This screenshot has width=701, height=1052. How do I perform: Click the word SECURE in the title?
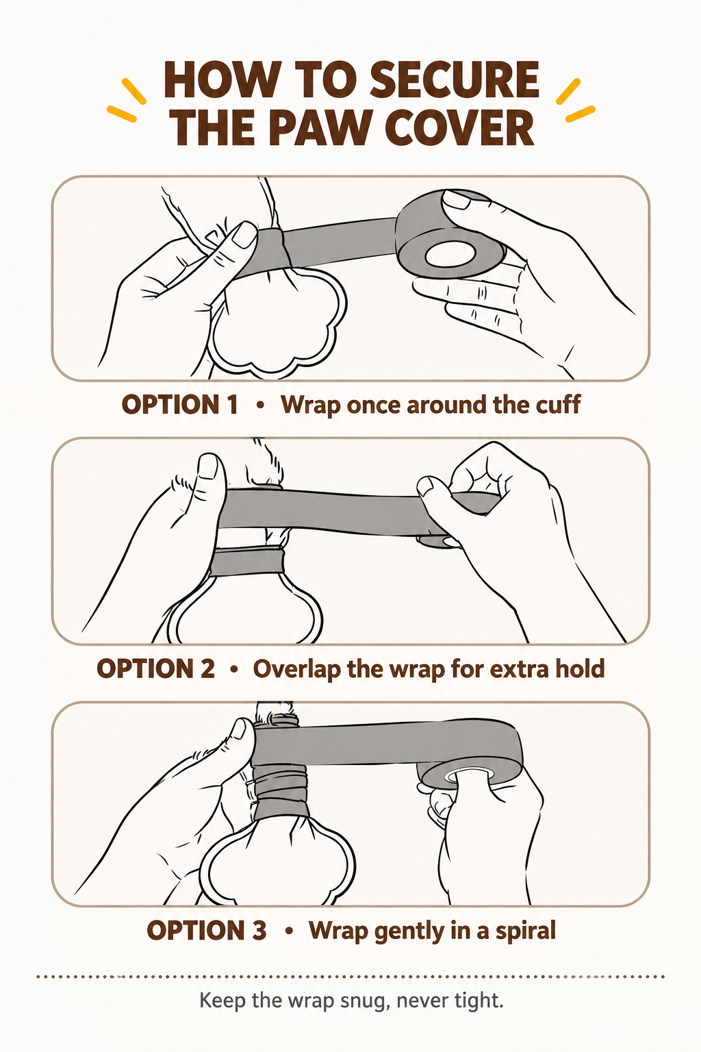click(x=455, y=79)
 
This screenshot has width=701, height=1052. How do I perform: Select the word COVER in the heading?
click(x=459, y=128)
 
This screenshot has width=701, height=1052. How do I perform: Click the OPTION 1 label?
click(x=180, y=404)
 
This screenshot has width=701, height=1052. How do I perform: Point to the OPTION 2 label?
click(x=155, y=668)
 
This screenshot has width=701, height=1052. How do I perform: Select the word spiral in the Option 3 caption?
click(x=525, y=931)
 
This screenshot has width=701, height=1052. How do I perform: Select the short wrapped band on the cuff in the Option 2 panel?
click(x=246, y=562)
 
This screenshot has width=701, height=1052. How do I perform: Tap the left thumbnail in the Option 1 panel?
click(x=244, y=235)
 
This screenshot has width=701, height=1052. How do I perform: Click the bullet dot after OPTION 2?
click(x=234, y=668)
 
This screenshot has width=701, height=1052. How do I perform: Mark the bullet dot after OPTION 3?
click(x=288, y=931)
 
